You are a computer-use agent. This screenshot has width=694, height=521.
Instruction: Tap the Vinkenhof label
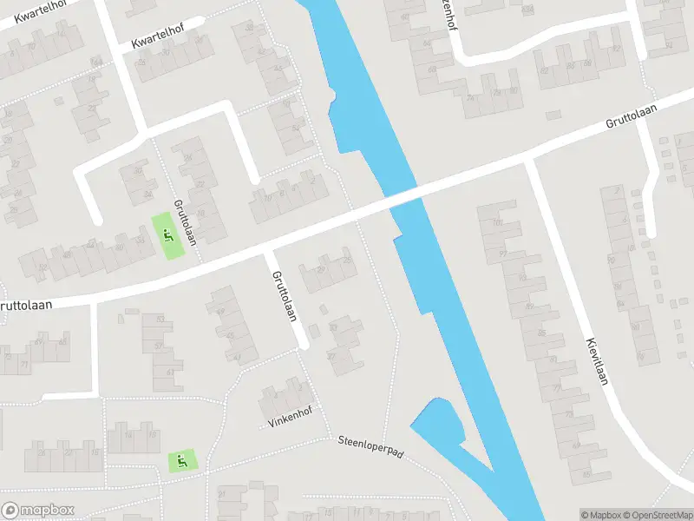[289, 417]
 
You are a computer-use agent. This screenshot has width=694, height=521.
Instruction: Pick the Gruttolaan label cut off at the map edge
[26, 306]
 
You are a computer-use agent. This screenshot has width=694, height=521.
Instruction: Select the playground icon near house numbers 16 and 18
[182, 460]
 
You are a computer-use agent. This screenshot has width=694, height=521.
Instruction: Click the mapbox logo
[37, 510]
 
